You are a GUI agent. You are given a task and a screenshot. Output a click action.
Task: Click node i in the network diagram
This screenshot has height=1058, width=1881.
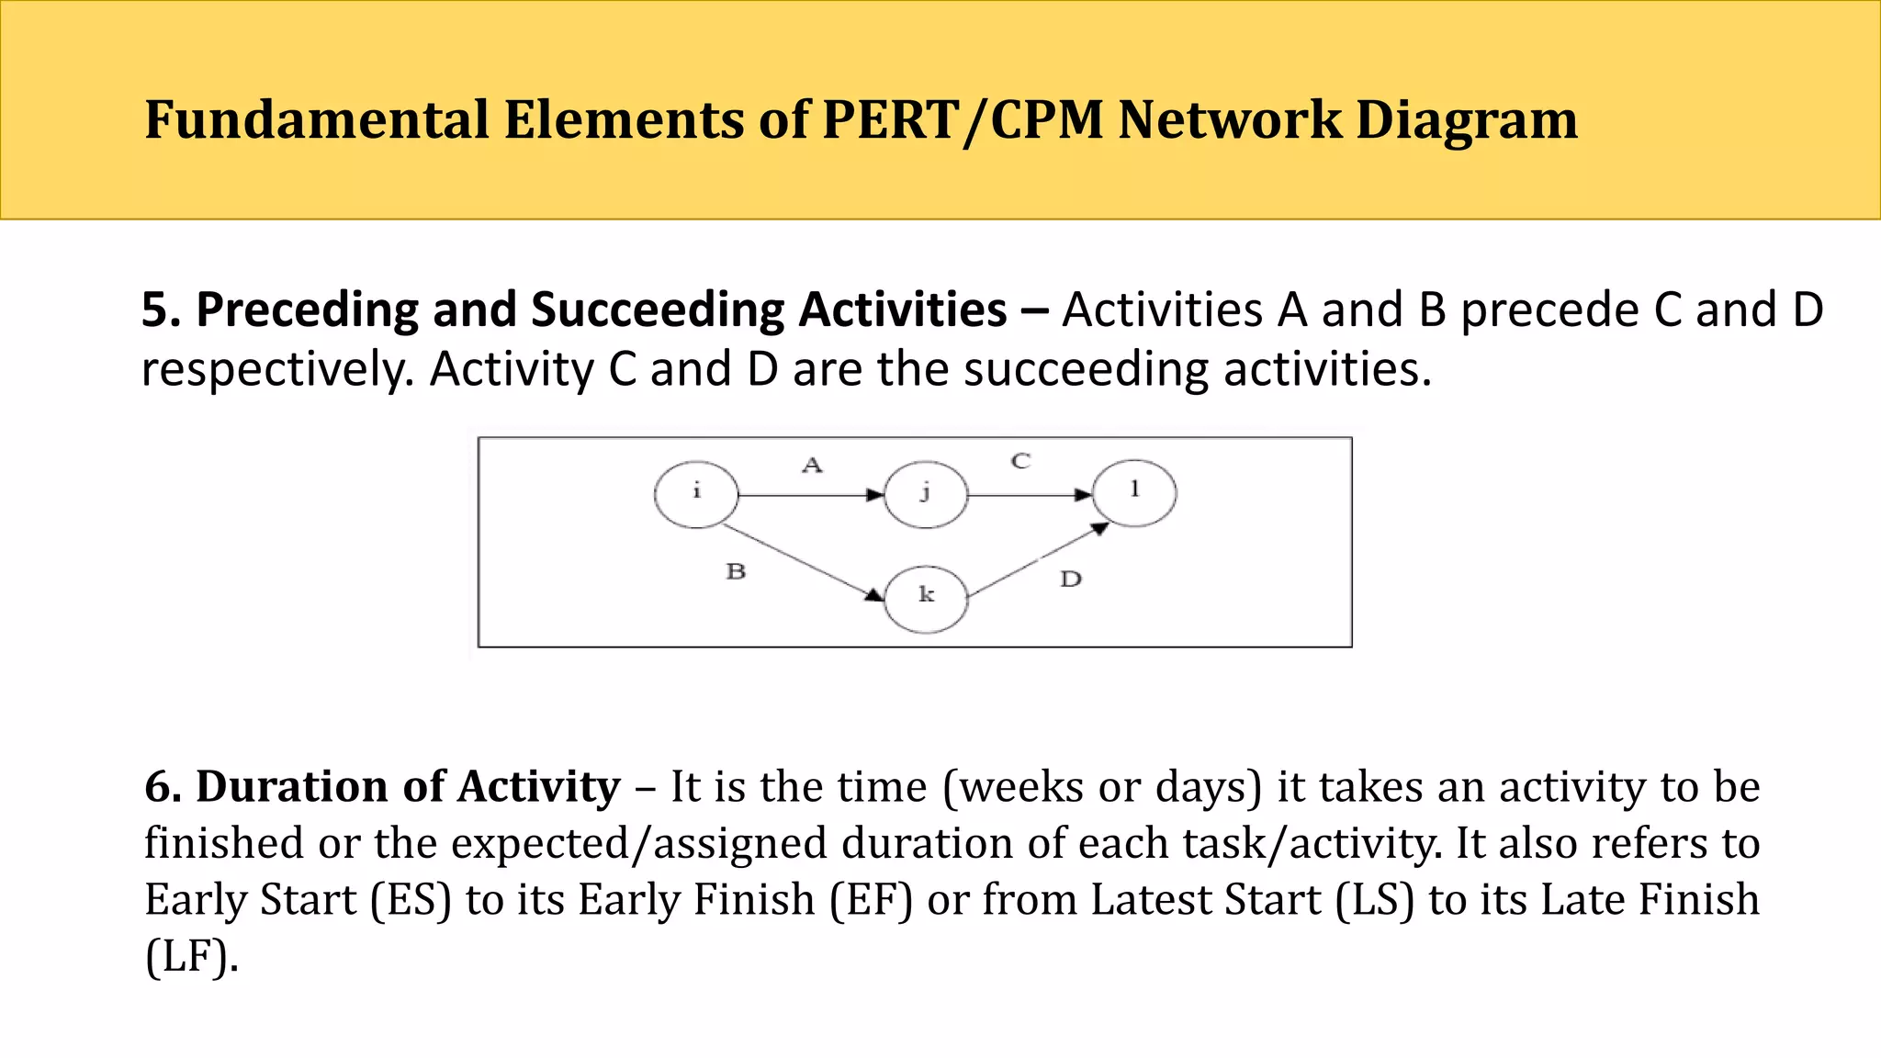click(x=696, y=495)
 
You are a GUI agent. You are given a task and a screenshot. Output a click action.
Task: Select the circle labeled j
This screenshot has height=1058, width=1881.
click(x=926, y=495)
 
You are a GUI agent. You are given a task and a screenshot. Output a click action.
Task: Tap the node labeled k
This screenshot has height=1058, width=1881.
click(x=926, y=599)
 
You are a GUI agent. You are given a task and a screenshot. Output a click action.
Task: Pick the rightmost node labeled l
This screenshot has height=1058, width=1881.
click(x=1135, y=493)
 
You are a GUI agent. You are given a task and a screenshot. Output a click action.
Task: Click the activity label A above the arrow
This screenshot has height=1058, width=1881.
click(x=812, y=466)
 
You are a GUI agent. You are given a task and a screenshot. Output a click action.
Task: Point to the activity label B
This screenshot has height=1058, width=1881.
click(x=736, y=572)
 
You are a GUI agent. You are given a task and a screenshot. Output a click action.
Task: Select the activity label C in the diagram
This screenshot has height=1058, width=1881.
click(x=1020, y=461)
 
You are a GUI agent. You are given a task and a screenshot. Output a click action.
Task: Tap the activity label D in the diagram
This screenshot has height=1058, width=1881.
click(x=1071, y=580)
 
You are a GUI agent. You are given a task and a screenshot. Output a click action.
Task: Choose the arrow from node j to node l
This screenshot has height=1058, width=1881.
click(x=1029, y=496)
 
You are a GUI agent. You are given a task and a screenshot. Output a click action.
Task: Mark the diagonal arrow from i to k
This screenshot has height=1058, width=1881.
click(x=799, y=562)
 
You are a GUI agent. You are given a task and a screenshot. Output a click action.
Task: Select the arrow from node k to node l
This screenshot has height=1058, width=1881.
click(x=1038, y=560)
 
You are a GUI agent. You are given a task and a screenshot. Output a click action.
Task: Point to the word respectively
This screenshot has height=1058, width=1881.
click(x=276, y=369)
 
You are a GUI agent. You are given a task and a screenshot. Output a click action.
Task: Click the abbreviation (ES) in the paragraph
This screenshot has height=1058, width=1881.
click(x=411, y=900)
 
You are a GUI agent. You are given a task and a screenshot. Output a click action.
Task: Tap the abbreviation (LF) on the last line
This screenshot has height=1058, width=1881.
click(x=191, y=957)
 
